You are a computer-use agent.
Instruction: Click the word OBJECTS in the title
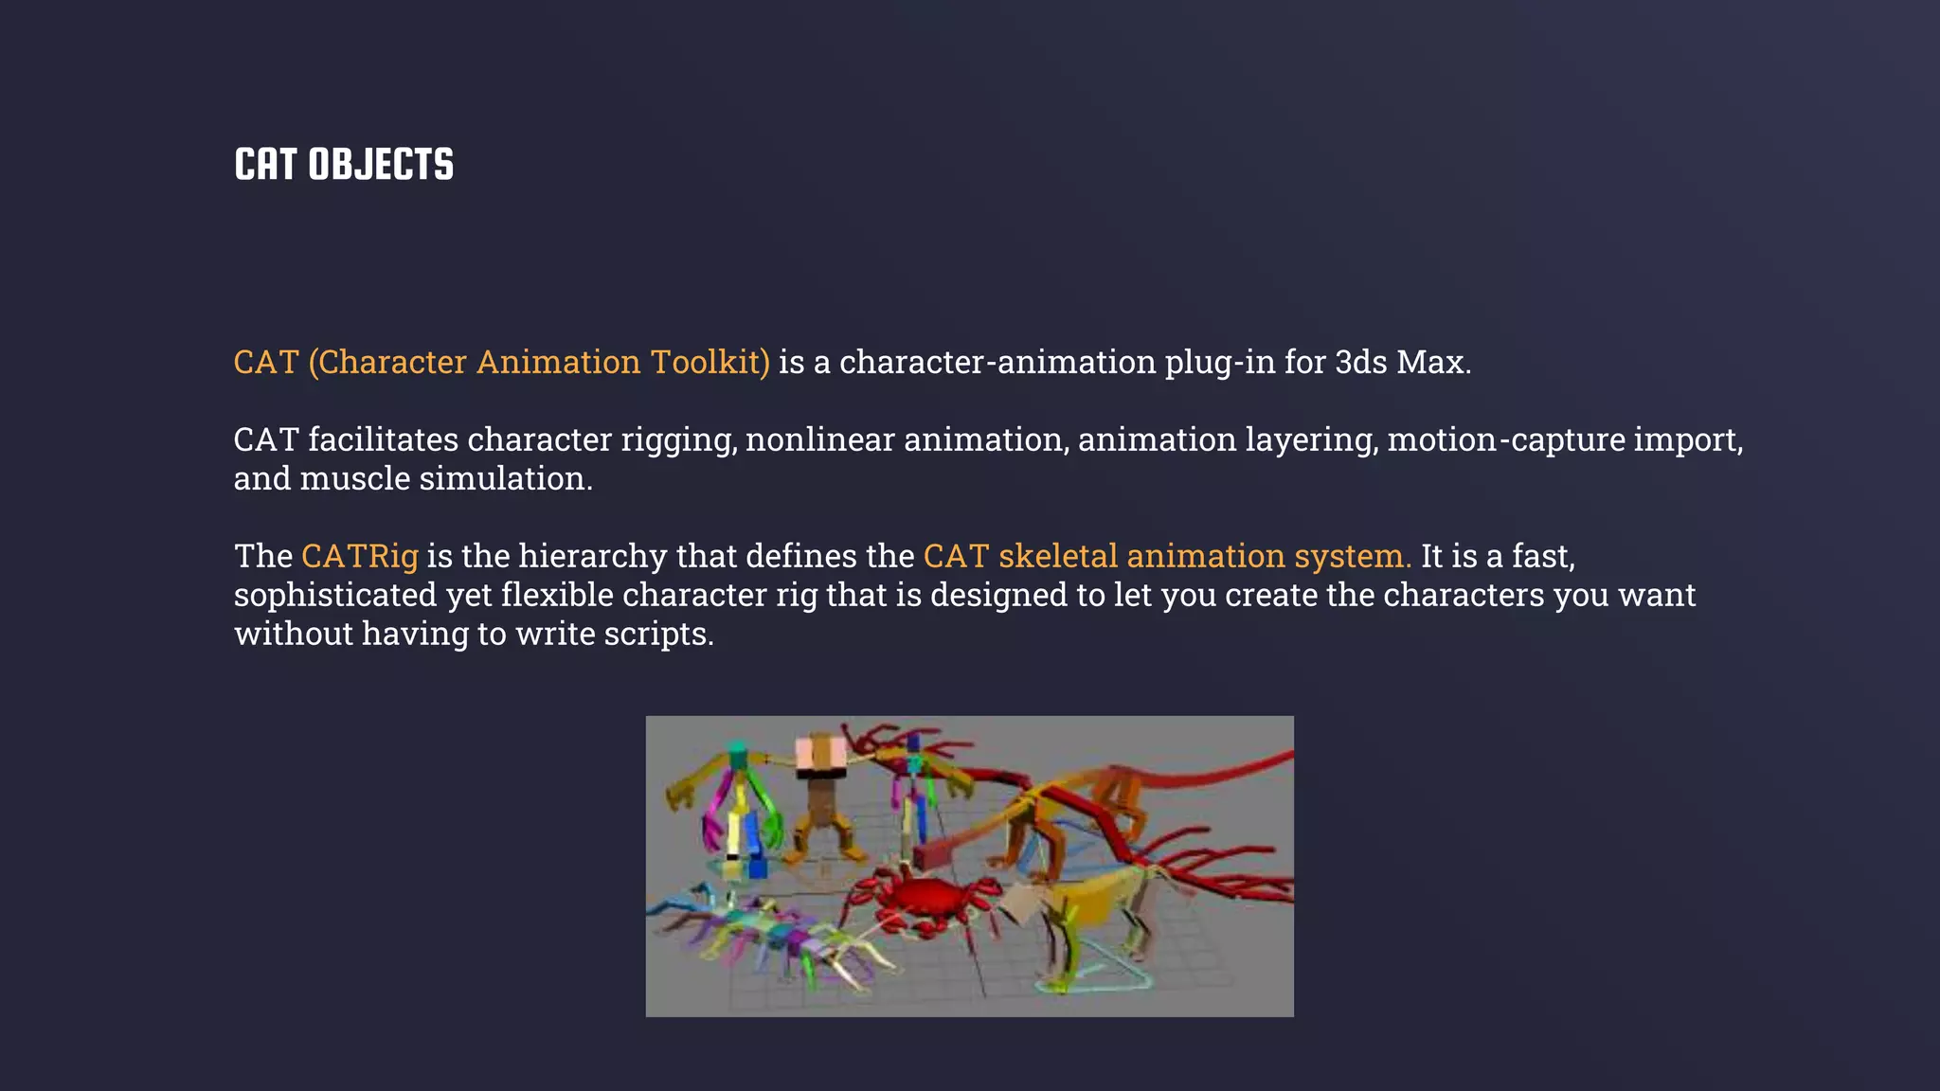(381, 165)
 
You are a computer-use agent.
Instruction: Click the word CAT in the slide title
(265, 165)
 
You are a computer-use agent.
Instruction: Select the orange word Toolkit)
(710, 362)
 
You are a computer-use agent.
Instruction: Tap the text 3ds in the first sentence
(1361, 362)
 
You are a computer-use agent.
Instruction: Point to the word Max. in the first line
(1433, 362)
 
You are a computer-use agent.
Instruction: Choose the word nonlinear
(819, 439)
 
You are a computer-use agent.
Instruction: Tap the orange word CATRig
(360, 556)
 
